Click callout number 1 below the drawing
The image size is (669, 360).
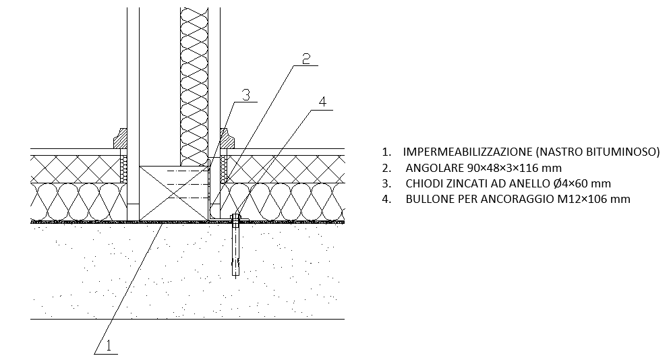109,345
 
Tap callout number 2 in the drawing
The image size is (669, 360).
306,59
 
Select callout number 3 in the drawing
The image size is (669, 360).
245,96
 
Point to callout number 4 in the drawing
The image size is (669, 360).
322,102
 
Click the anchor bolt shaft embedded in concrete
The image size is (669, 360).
235,249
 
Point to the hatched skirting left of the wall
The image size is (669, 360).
120,138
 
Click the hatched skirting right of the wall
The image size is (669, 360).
227,138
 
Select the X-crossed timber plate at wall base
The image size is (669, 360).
173,193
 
